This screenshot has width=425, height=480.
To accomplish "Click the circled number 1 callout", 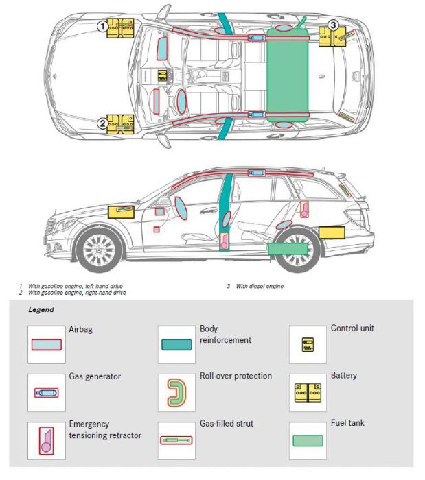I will (102, 26).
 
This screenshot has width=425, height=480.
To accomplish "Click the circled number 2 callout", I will (102, 123).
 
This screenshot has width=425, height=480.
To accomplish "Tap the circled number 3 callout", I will (333, 25).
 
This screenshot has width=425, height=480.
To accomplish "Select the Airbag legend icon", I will (47, 344).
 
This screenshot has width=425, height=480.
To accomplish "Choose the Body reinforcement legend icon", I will (177, 344).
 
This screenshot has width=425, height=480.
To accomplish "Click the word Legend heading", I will (41, 310).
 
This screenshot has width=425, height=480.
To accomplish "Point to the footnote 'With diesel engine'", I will (260, 286).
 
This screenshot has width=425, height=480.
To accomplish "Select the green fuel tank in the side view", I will (287, 249).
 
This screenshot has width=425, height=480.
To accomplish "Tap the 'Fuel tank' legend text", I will (347, 423).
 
